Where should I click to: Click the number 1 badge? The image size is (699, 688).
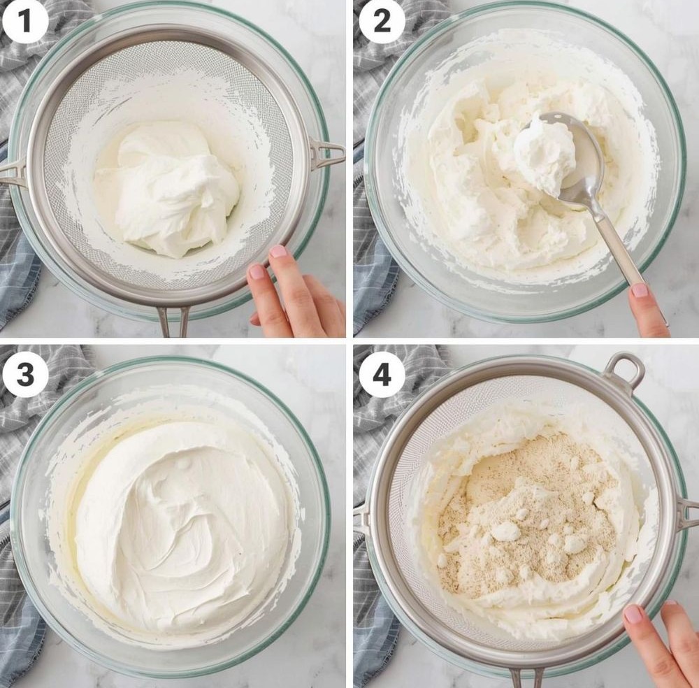click(25, 21)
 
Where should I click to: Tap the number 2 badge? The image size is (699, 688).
click(382, 21)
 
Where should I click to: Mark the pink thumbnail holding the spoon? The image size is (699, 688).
click(640, 290)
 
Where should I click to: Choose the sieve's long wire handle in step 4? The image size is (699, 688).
click(527, 678)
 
